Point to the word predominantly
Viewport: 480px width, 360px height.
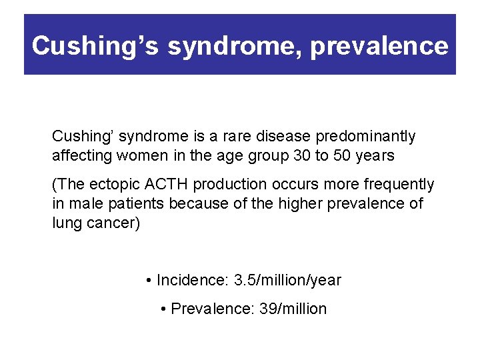point(365,137)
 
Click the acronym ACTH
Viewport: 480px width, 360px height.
point(159,185)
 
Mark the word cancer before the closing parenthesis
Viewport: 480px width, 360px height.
point(114,223)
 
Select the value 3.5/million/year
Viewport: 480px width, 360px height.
point(287,281)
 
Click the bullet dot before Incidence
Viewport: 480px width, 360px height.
point(148,281)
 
